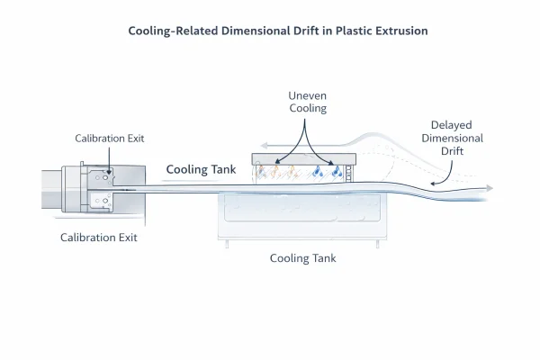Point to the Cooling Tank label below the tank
pos(303,258)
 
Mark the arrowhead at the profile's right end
pos(489,189)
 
